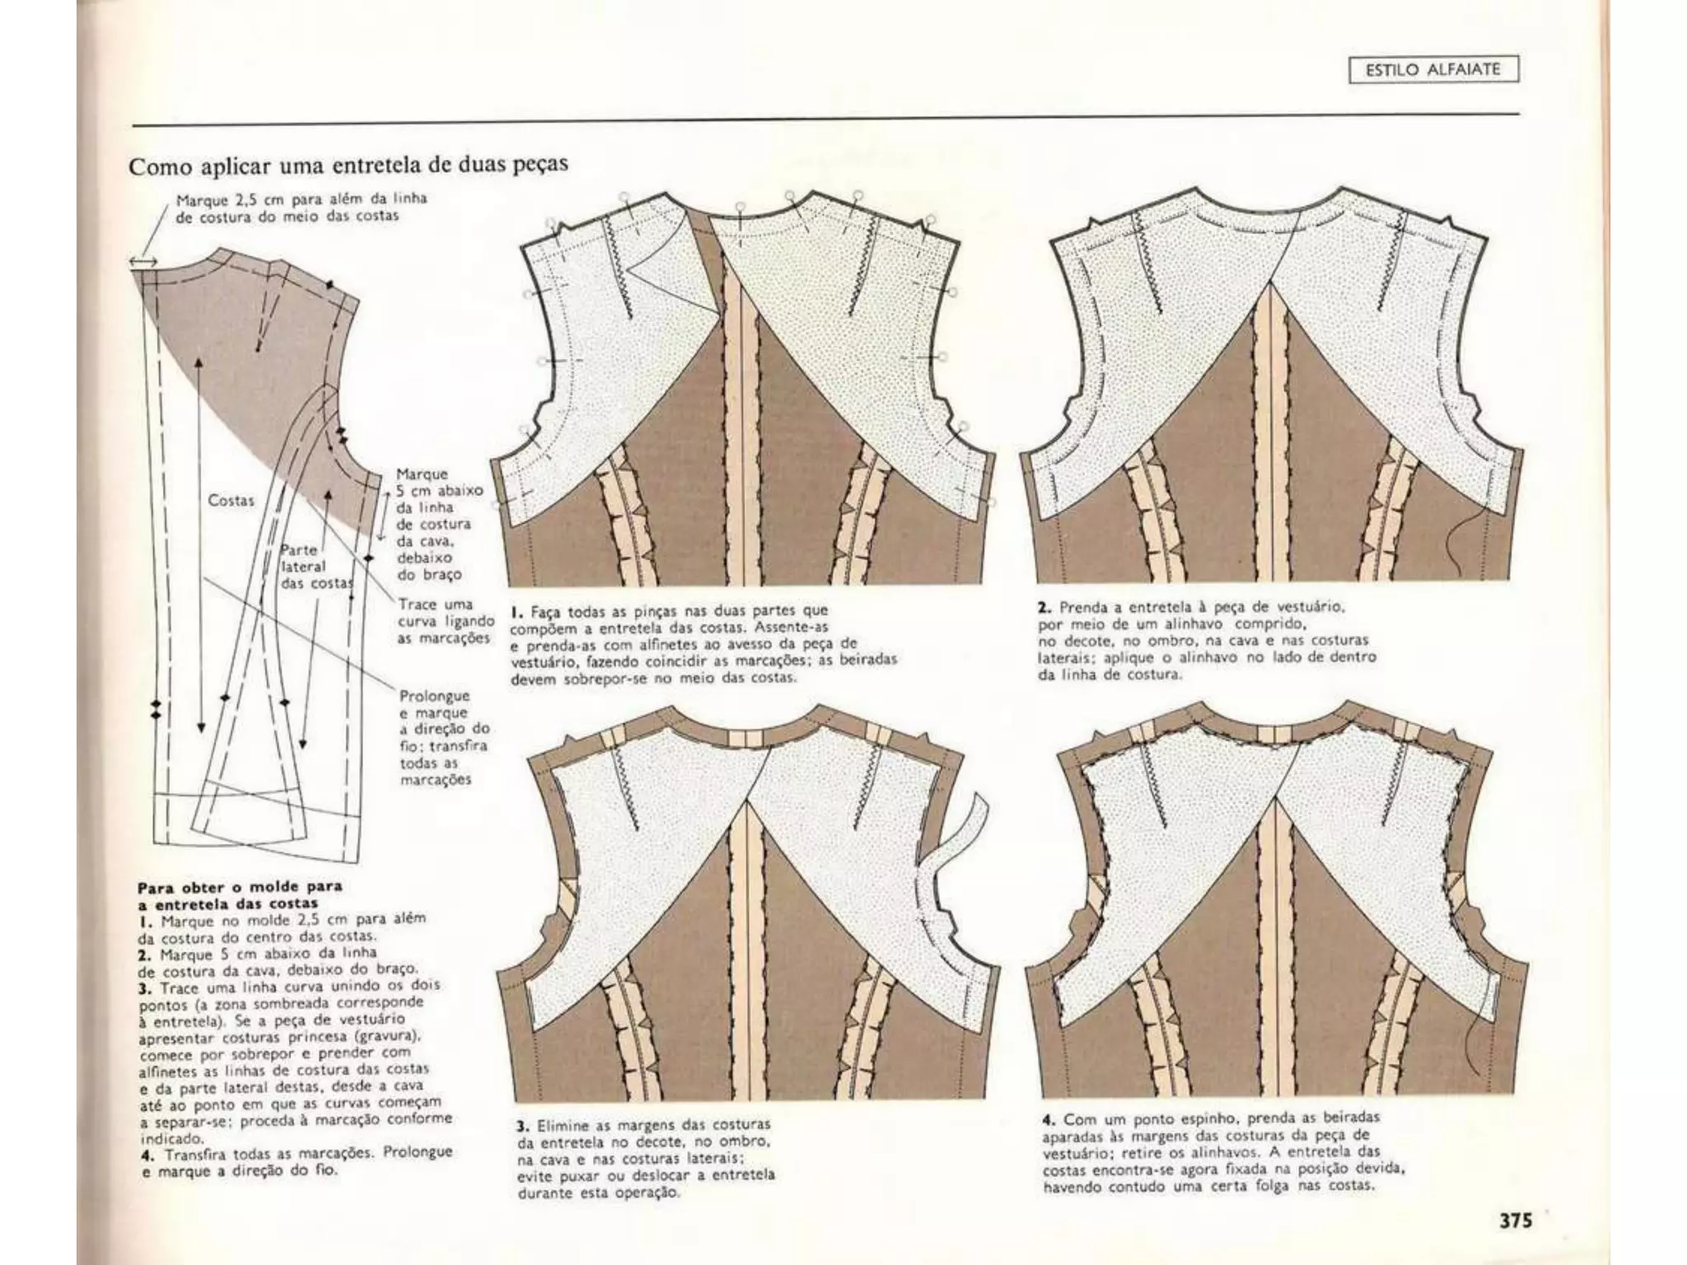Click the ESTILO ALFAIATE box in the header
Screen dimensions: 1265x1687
click(x=1433, y=70)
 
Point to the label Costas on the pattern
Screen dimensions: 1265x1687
click(x=231, y=500)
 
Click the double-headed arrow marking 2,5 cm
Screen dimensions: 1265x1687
click(x=143, y=261)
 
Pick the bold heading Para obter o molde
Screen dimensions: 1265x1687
click(x=238, y=894)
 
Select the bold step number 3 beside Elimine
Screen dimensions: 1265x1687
click(x=522, y=1125)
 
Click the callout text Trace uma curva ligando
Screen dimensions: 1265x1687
click(x=446, y=621)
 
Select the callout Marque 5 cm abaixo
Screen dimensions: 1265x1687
click(x=432, y=524)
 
